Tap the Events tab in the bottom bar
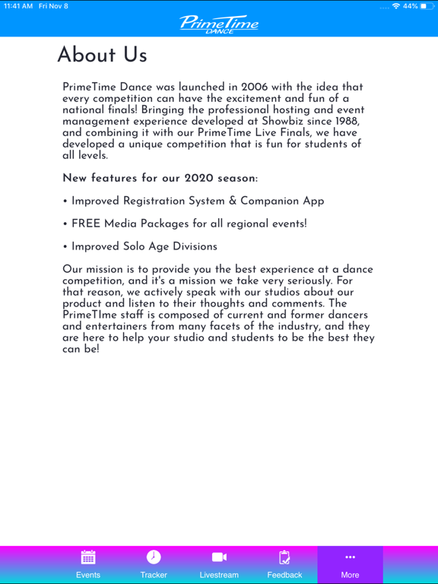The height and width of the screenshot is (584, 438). click(88, 563)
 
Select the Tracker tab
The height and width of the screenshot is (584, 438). click(154, 563)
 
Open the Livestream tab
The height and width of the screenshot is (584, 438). click(219, 563)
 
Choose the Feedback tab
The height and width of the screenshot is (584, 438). click(284, 563)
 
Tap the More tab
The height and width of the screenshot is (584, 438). click(350, 563)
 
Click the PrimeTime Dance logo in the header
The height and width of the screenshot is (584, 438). click(219, 24)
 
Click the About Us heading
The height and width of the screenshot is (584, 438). click(102, 56)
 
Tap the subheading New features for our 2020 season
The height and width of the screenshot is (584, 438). click(160, 179)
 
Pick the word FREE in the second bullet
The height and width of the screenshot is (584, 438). click(87, 224)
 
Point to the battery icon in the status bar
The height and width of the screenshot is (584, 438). click(427, 6)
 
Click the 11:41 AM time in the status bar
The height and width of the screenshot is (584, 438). click(18, 6)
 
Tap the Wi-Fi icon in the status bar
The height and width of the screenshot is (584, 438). click(396, 6)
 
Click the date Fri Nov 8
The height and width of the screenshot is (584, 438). click(53, 6)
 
